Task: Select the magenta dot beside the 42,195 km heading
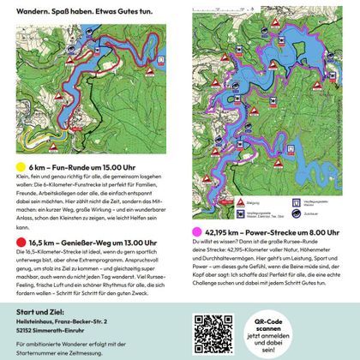click(199, 231)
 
